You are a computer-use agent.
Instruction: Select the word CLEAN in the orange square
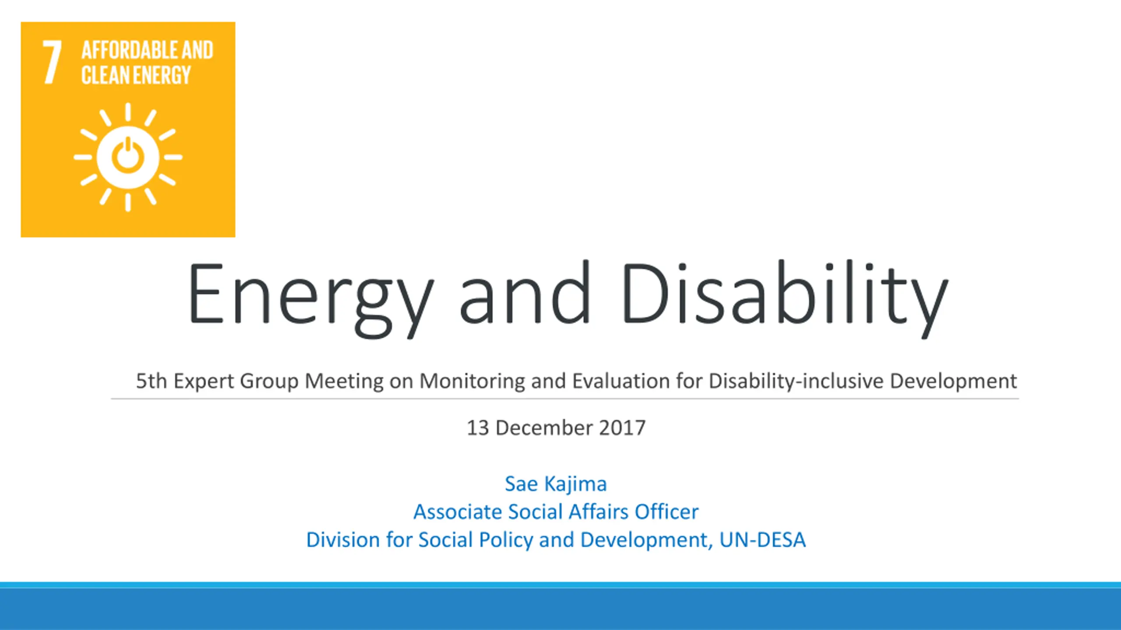106,75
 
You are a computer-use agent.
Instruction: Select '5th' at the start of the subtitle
152,381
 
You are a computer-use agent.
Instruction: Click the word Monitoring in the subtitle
472,381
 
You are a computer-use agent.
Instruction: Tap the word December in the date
544,427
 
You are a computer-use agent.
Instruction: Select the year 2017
622,428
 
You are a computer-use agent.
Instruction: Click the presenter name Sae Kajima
556,484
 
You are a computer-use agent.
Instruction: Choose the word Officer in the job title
667,511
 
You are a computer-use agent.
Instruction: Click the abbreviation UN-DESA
762,540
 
